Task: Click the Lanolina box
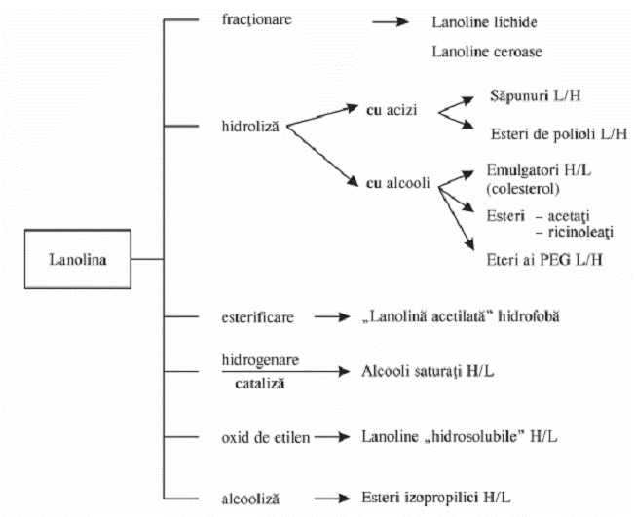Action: coord(78,259)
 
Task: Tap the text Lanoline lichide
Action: coord(484,21)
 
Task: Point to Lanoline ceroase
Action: coord(487,51)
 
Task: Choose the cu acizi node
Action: coord(392,110)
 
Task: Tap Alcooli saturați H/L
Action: coord(430,371)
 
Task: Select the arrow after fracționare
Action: coord(390,20)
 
